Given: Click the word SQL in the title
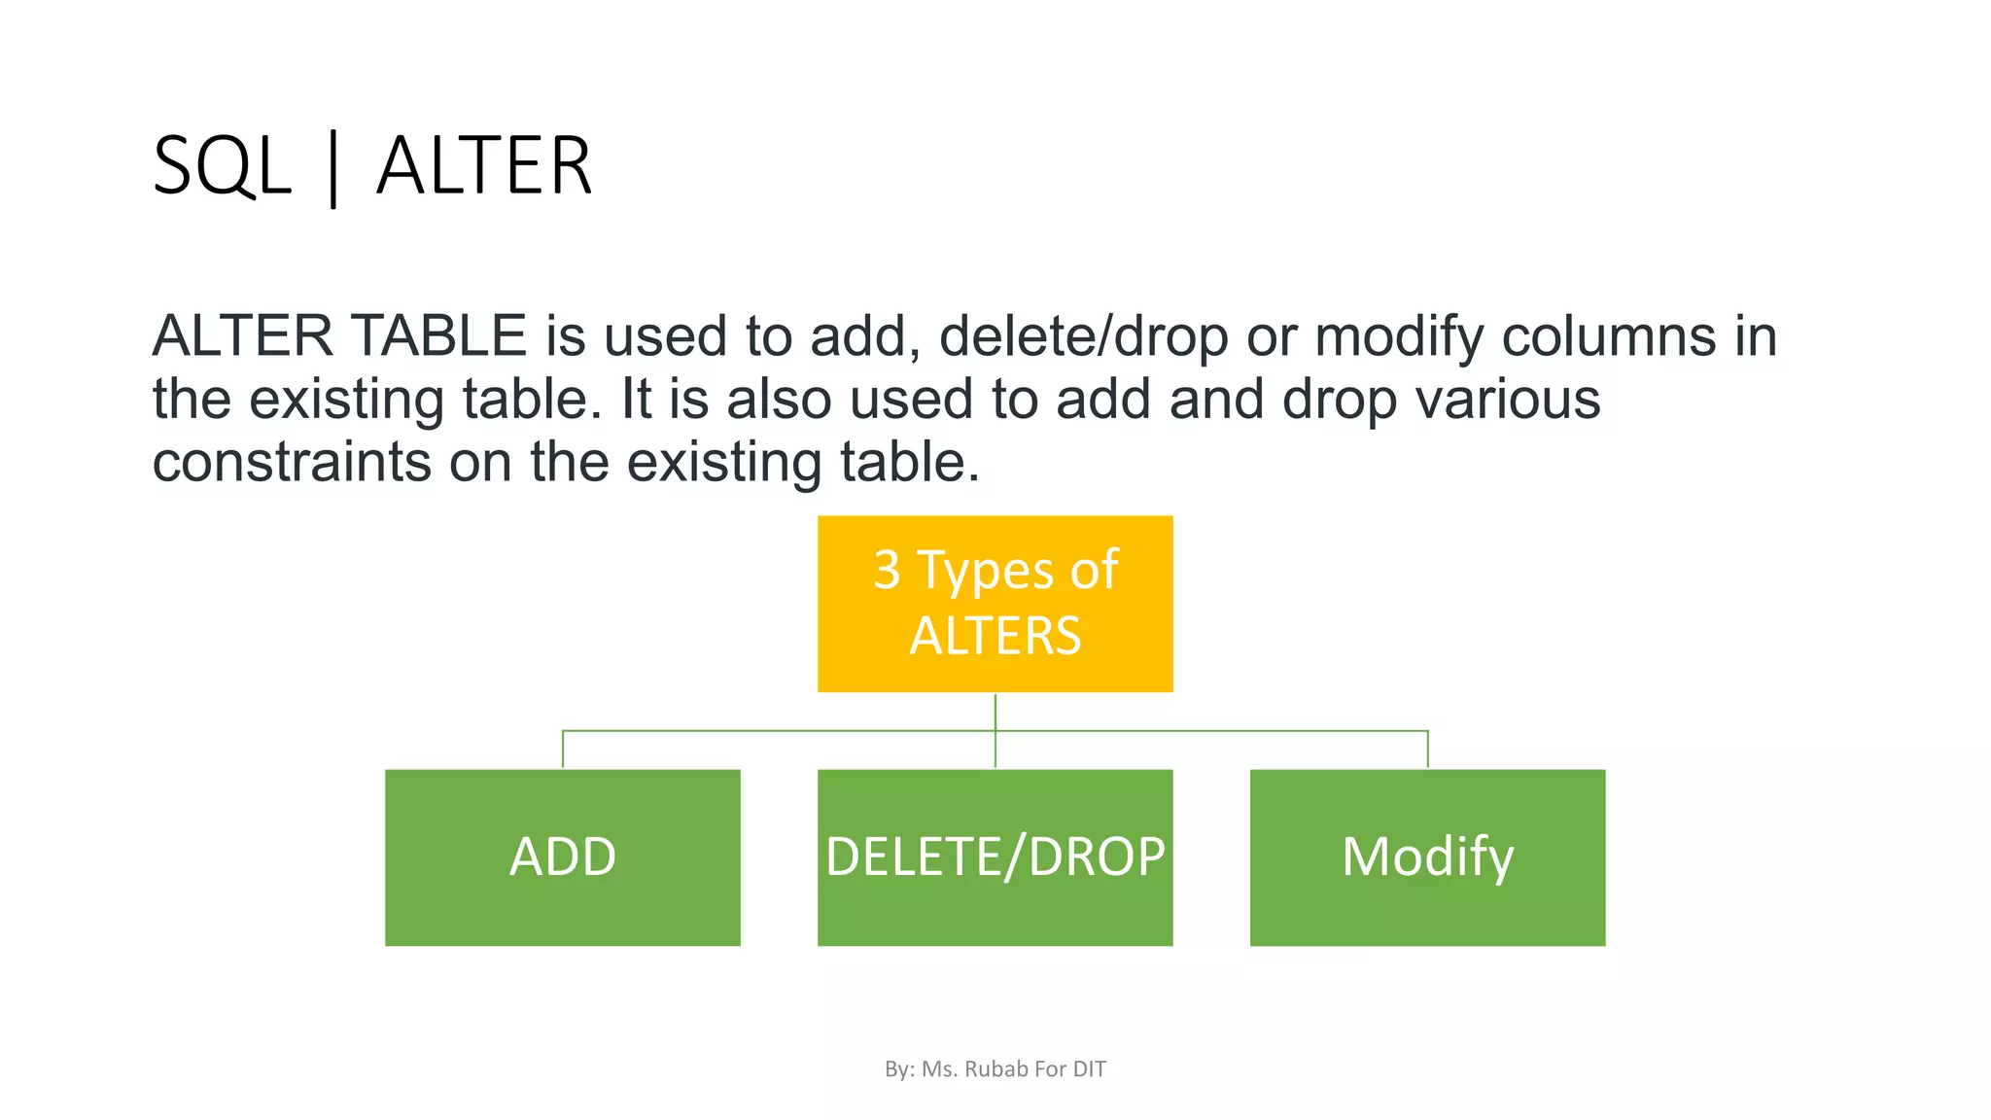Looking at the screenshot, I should tap(222, 167).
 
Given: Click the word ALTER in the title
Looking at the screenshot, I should tap(484, 167).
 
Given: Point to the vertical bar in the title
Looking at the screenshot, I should tap(333, 169).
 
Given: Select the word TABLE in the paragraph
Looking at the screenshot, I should tap(438, 336).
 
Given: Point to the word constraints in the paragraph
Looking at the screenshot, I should tap(292, 462).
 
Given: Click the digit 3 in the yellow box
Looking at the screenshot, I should tap(887, 570).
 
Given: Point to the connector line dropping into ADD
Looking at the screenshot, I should tap(563, 750).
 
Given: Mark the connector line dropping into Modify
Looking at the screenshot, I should tap(1427, 750).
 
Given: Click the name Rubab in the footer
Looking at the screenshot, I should tap(995, 1069).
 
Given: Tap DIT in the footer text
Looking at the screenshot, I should tap(1090, 1069).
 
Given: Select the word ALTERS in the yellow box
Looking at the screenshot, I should tap(995, 637).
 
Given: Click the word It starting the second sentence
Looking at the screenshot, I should tap(635, 400).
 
